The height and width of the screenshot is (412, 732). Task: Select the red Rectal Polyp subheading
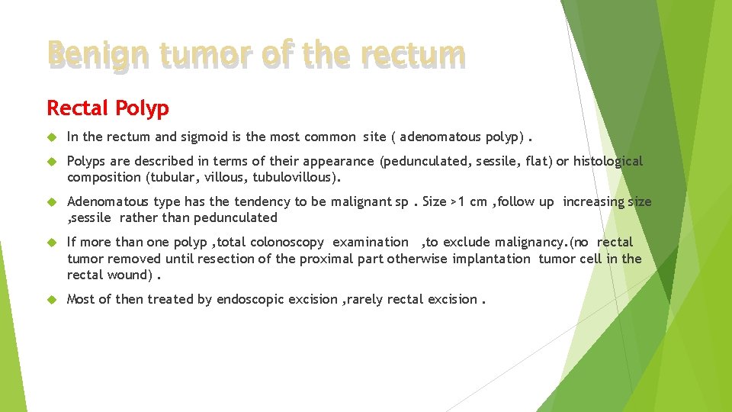point(108,108)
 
